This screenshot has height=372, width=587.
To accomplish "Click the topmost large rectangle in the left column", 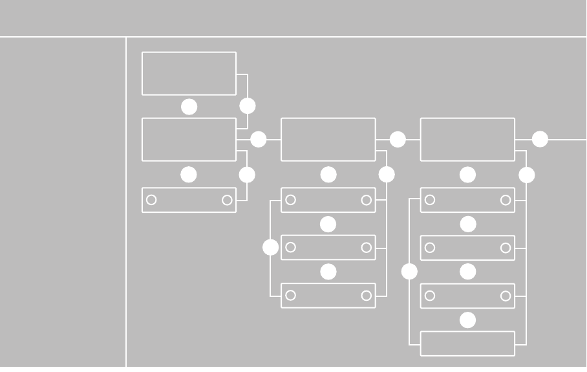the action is [189, 73].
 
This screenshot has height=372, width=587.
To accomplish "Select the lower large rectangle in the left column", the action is [189, 139].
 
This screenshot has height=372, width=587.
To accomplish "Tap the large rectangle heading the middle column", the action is [328, 139].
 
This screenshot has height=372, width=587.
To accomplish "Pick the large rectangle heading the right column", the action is [467, 139].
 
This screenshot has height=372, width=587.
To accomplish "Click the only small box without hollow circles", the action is [467, 344].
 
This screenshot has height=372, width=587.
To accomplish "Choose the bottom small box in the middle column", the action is [328, 296].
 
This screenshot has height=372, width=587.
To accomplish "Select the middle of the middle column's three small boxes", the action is [328, 248].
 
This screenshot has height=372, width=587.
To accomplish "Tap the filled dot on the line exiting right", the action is [540, 139].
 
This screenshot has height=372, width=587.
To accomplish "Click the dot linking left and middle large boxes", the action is [259, 139].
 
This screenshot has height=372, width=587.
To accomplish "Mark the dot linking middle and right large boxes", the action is [398, 139].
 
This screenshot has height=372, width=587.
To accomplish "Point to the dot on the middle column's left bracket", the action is [271, 247].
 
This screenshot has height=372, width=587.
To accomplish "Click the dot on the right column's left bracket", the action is [409, 272].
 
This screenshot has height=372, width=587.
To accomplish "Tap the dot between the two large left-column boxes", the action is [189, 107].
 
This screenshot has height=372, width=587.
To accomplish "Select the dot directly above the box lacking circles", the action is [467, 320].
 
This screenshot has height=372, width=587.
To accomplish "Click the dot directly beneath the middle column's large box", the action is [328, 175].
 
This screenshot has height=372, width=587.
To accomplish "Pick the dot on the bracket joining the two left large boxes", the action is [248, 105].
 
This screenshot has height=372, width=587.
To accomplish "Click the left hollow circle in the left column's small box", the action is [151, 200].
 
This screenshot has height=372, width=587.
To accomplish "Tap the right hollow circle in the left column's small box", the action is [227, 200].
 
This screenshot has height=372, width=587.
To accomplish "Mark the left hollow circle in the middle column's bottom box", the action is [291, 296].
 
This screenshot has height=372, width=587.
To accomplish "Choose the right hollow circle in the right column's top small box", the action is [506, 200].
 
